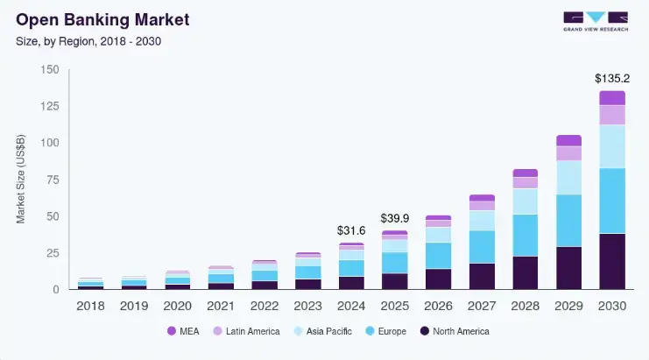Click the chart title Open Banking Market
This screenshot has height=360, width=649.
click(x=102, y=18)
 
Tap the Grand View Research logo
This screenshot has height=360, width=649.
click(x=595, y=21)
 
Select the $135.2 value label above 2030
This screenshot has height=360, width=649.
click(x=612, y=76)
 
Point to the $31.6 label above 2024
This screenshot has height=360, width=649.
click(x=351, y=229)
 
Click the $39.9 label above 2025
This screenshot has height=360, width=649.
click(x=394, y=217)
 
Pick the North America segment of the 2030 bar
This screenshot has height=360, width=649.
click(x=612, y=261)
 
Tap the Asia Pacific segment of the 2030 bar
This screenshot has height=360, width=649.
click(x=612, y=146)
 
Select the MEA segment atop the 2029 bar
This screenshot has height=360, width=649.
click(x=569, y=140)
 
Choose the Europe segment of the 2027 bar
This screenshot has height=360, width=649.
click(x=482, y=247)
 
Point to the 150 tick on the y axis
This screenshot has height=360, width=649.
click(x=50, y=69)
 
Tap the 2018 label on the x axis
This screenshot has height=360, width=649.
click(x=90, y=306)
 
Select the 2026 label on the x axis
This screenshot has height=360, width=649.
click(x=438, y=306)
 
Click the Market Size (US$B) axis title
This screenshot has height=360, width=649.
click(x=21, y=180)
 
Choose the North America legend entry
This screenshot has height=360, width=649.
click(x=454, y=331)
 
